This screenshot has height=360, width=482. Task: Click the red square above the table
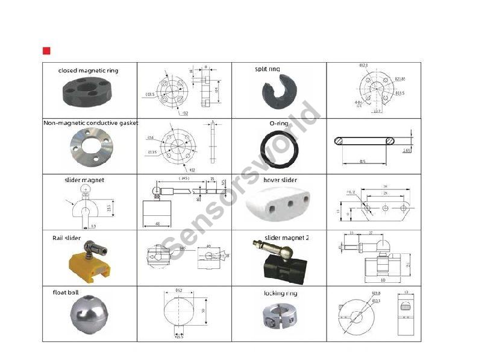[x=46, y=50]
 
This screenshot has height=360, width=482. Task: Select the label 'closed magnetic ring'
[x=88, y=71]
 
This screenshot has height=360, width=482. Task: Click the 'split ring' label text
[x=268, y=69]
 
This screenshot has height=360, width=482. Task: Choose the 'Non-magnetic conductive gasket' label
[x=90, y=123]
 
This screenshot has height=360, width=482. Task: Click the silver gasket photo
[x=90, y=147]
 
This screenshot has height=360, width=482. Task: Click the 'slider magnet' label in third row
[x=84, y=180]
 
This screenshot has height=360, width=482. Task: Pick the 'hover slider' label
[x=281, y=180]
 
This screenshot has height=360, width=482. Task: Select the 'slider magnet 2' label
[x=287, y=238]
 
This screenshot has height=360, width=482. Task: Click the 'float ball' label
[x=66, y=292]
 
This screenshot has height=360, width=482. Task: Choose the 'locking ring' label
[x=280, y=293]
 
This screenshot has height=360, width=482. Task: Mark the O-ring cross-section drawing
[x=365, y=142]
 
